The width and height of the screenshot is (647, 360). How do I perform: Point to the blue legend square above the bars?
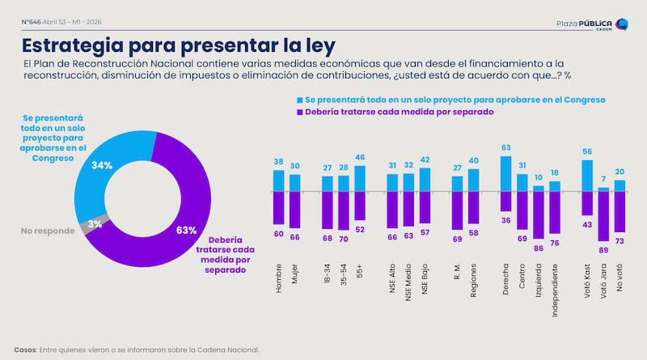click(x=299, y=99)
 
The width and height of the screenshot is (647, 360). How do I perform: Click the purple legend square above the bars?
click(x=299, y=112)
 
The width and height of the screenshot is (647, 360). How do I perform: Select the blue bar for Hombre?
click(x=279, y=180)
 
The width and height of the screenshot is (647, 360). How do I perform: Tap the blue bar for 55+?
click(x=360, y=178)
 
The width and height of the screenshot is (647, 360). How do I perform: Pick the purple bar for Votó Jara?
click(x=603, y=216)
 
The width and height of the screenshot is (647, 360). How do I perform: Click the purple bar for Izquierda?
click(x=539, y=214)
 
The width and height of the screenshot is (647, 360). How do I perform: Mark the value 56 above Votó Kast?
click(x=587, y=151)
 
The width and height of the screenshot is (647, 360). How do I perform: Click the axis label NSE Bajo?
click(x=425, y=279)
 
